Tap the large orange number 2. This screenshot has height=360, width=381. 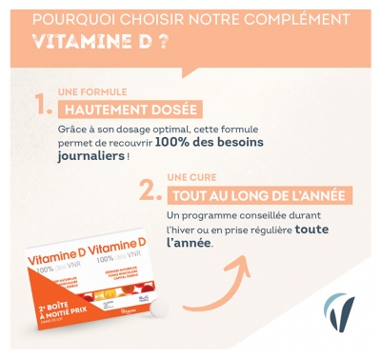(148, 191)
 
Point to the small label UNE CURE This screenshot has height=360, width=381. (185, 176)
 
